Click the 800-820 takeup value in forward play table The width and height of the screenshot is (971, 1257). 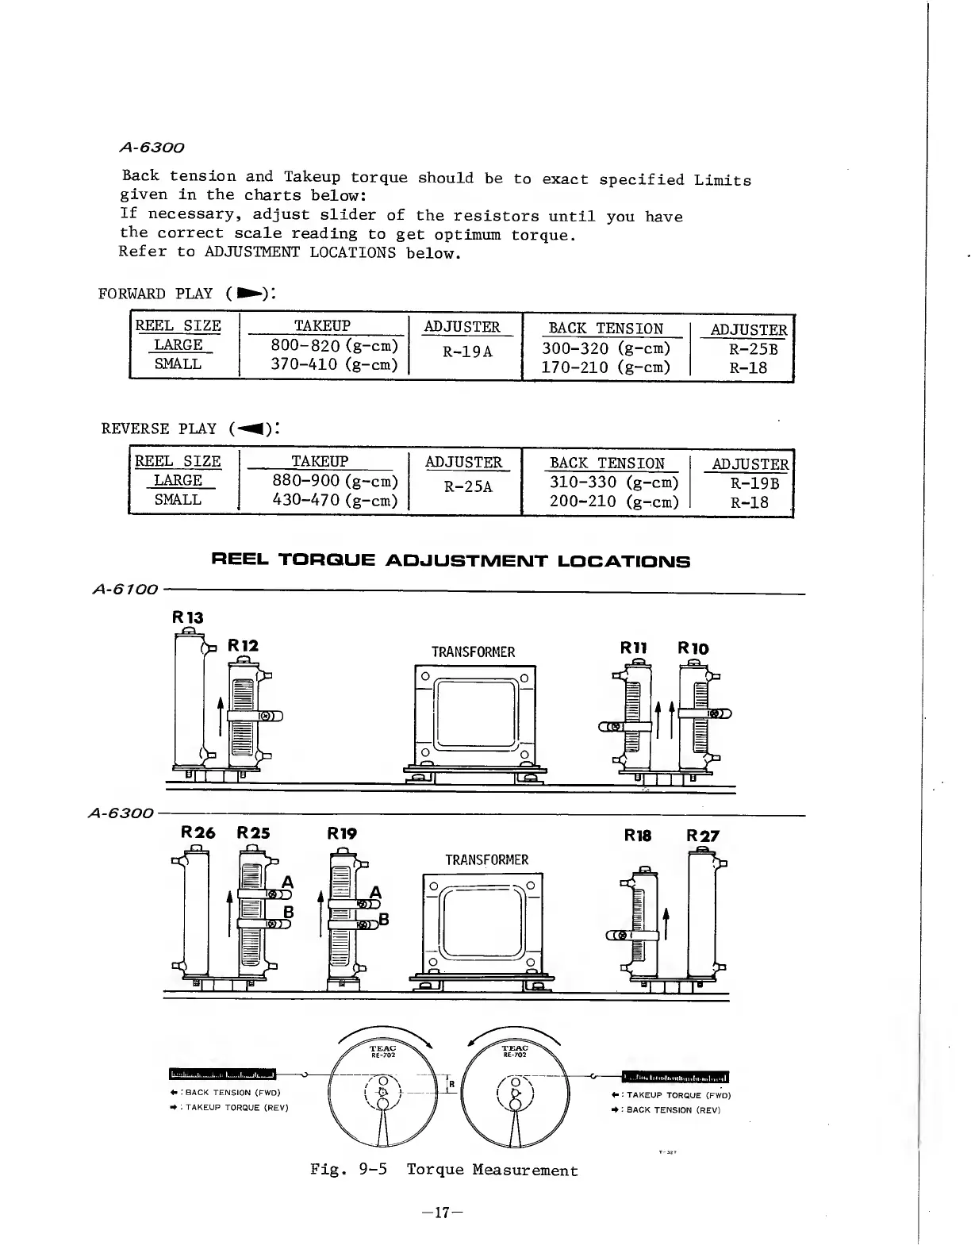334,346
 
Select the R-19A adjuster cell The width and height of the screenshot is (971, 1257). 468,351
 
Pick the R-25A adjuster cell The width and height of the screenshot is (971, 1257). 469,486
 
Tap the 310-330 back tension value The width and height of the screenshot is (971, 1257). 614,482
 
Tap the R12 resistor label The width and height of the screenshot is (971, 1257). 243,645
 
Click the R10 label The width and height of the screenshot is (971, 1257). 693,648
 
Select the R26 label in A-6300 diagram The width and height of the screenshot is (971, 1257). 198,832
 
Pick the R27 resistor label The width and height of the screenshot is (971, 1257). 703,836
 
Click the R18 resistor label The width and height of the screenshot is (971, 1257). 638,836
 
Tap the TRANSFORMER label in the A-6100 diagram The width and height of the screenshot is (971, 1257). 473,652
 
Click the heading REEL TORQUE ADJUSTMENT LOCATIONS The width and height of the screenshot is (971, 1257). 451,562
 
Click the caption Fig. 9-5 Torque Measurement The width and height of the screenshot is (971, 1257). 444,1170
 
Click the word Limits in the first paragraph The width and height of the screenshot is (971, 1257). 722,180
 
